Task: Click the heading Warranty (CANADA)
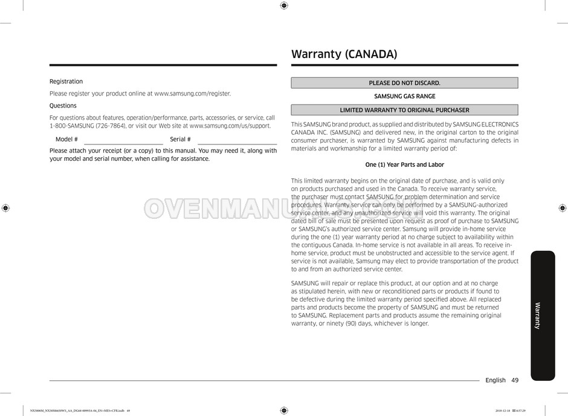(x=344, y=54)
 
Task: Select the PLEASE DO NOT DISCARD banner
(x=404, y=83)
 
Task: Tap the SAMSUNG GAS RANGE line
(x=404, y=96)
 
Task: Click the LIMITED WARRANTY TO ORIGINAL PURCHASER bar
(x=404, y=110)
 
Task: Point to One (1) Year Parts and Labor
(x=404, y=164)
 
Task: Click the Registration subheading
(x=66, y=82)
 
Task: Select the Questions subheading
(x=63, y=106)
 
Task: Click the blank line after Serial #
(x=237, y=143)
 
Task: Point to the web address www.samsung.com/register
(x=192, y=94)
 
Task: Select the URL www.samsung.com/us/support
(x=230, y=126)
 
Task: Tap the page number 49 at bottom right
(x=515, y=380)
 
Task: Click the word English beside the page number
(x=495, y=380)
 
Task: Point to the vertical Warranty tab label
(x=538, y=315)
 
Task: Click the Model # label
(x=66, y=140)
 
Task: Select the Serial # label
(x=180, y=140)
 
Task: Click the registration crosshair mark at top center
(x=284, y=5)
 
